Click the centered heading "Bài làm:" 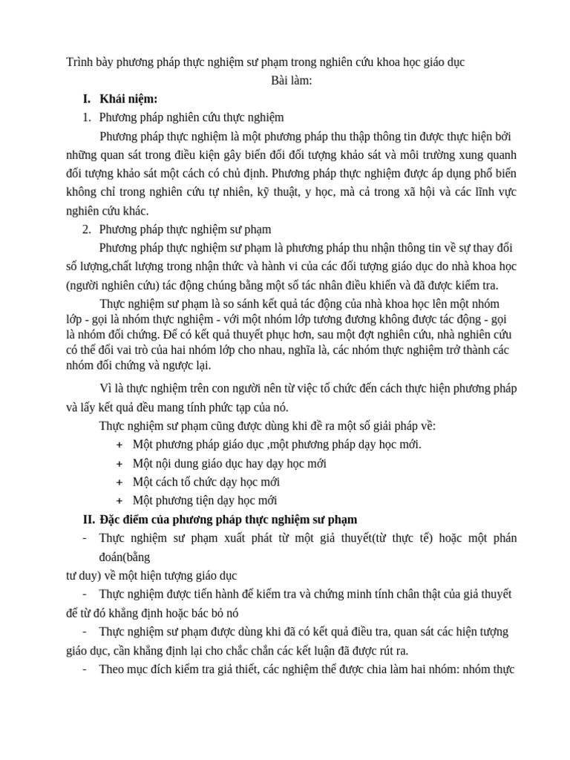tap(292, 80)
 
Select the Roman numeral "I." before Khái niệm tap(87, 99)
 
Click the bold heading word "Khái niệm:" tap(128, 99)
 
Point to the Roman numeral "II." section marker tap(89, 519)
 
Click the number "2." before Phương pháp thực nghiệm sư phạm tap(87, 229)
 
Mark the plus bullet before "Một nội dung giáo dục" tap(119, 463)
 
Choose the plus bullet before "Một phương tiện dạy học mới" tap(119, 500)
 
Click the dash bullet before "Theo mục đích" tap(85, 669)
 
